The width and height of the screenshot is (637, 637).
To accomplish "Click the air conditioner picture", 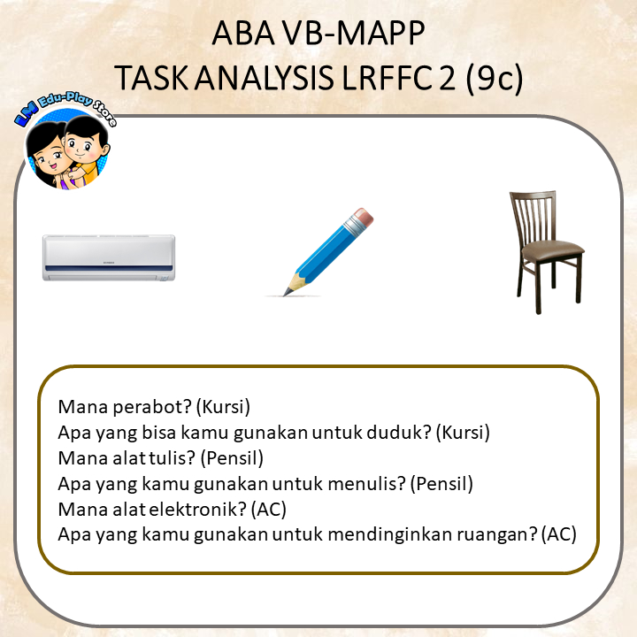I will (108, 257).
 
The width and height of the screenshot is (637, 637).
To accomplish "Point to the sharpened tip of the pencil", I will (288, 291).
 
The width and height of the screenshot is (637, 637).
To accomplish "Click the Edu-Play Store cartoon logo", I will (63, 149).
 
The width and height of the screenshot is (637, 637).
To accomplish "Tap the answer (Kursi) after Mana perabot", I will (225, 408).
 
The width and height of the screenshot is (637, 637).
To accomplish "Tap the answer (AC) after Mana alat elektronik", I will (269, 510).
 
